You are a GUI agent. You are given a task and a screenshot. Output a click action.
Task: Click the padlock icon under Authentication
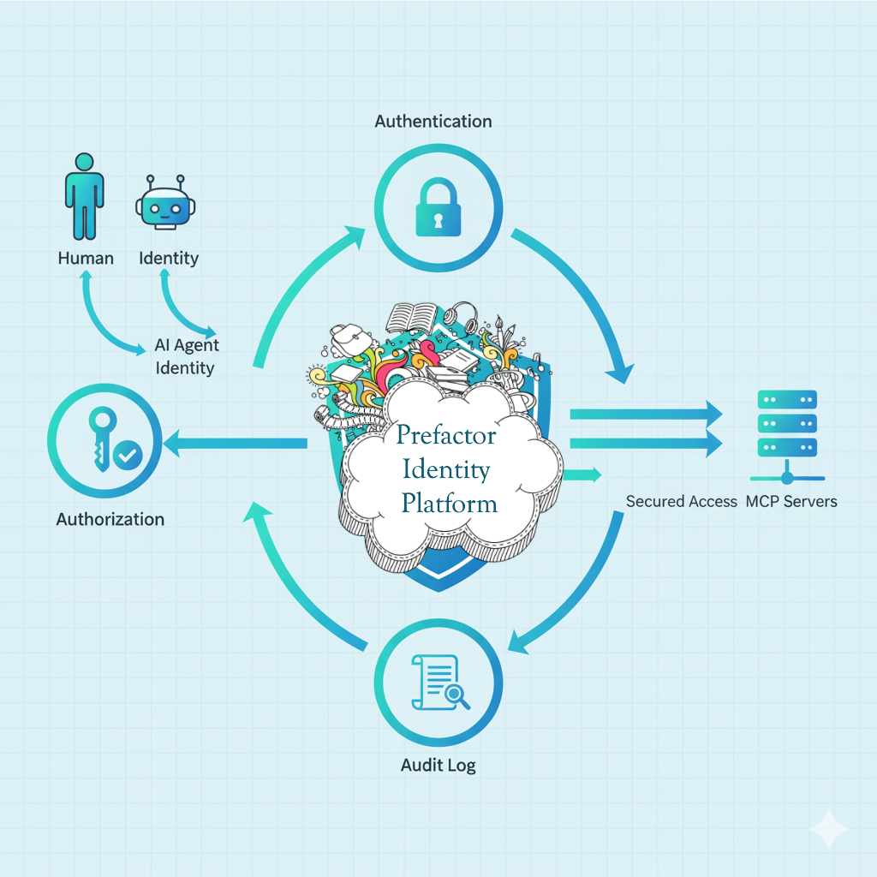(438, 212)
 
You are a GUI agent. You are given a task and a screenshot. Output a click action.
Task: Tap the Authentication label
(433, 121)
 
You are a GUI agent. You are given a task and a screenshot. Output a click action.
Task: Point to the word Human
(86, 257)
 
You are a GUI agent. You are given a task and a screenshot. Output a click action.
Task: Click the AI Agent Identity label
(186, 356)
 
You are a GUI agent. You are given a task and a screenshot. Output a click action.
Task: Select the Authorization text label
(110, 519)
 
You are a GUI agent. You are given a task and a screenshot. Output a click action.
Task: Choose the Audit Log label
(438, 765)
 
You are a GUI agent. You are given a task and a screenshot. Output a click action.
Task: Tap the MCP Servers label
(791, 501)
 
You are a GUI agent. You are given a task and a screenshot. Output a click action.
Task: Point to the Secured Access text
(681, 501)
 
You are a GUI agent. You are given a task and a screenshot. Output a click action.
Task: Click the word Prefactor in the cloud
(446, 436)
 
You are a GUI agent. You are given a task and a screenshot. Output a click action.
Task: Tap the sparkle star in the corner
(829, 828)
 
